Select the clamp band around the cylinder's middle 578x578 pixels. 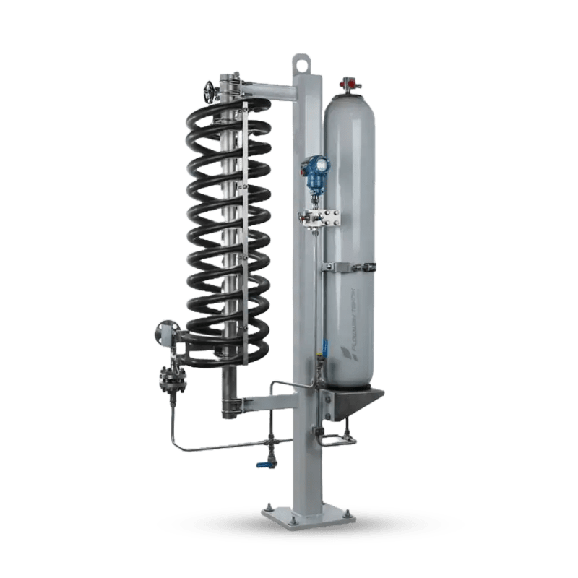pos(352,269)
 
